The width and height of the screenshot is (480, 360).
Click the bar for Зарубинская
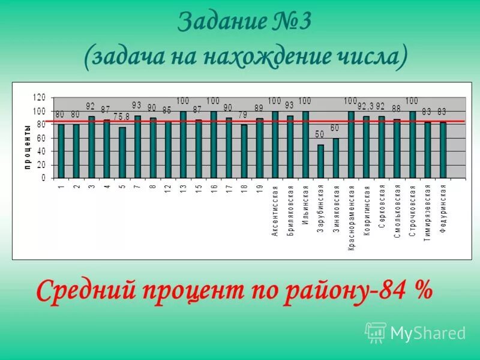320,161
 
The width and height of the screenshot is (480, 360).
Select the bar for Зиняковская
336,158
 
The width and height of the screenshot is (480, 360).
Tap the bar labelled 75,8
122,152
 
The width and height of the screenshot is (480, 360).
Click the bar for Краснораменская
351,145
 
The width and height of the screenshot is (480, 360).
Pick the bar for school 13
183,145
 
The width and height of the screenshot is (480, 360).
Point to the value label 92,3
366,106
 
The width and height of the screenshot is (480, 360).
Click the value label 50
320,133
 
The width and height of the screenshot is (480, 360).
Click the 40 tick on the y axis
41,151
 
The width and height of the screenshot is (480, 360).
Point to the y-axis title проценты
28,148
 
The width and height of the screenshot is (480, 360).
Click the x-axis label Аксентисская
275,211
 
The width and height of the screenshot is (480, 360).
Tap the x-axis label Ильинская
305,204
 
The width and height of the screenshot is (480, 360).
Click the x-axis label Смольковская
397,212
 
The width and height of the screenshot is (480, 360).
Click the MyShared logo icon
376,332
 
